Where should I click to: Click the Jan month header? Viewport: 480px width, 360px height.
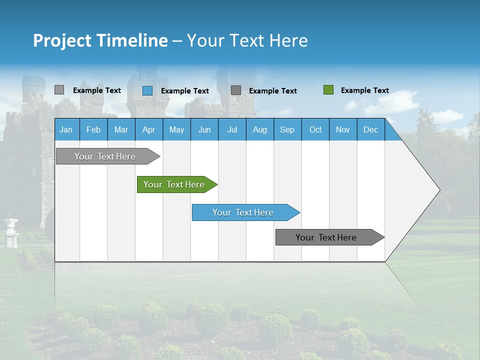point(66,129)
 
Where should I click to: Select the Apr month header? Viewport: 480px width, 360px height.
point(148,129)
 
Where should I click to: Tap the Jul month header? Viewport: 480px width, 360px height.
point(232,129)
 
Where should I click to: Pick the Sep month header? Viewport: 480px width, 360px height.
point(287,129)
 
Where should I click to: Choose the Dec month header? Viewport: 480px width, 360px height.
point(370,129)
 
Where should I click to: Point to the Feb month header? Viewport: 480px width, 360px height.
point(93,129)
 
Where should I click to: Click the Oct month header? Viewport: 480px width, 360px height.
point(315,129)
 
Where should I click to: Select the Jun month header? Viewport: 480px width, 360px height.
point(204,129)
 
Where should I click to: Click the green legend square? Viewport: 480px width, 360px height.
point(328,90)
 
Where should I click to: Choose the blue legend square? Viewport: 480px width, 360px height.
point(147,90)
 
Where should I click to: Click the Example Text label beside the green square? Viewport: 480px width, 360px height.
point(364,90)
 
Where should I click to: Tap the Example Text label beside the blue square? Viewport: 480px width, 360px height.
point(184,91)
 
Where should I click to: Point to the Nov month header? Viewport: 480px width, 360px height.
point(343,129)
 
